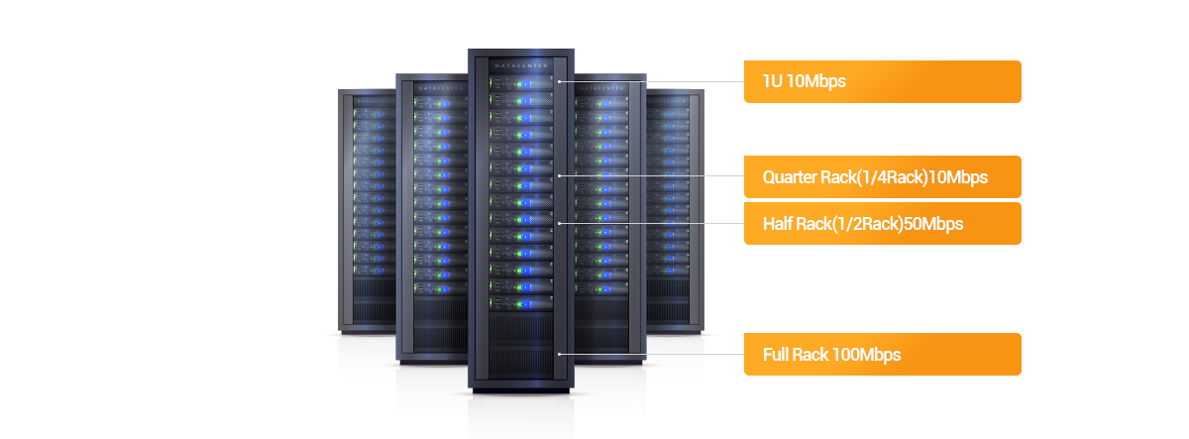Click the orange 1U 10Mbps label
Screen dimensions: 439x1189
[x=882, y=81]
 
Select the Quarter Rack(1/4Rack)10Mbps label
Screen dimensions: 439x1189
[x=882, y=177]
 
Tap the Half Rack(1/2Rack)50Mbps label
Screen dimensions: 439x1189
[x=882, y=223]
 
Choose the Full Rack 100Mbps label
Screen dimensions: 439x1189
[x=882, y=354]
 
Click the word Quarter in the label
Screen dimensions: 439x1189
[x=790, y=177]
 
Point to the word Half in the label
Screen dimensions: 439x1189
[x=776, y=223]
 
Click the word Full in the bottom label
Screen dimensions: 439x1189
[x=776, y=354]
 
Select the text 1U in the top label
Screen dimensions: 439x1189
[x=772, y=81]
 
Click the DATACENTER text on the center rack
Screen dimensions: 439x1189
[x=519, y=65]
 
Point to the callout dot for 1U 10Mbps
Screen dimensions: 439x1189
[x=560, y=81]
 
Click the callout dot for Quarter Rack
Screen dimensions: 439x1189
[x=560, y=176]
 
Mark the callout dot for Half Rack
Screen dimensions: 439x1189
[x=560, y=223]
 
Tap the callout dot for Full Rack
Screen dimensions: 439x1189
[x=560, y=353]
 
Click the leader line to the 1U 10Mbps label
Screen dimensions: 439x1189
[x=654, y=81]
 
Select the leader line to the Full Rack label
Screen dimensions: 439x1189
[x=654, y=353]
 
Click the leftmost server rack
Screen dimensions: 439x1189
[x=367, y=208]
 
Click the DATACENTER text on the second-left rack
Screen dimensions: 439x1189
[x=432, y=87]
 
